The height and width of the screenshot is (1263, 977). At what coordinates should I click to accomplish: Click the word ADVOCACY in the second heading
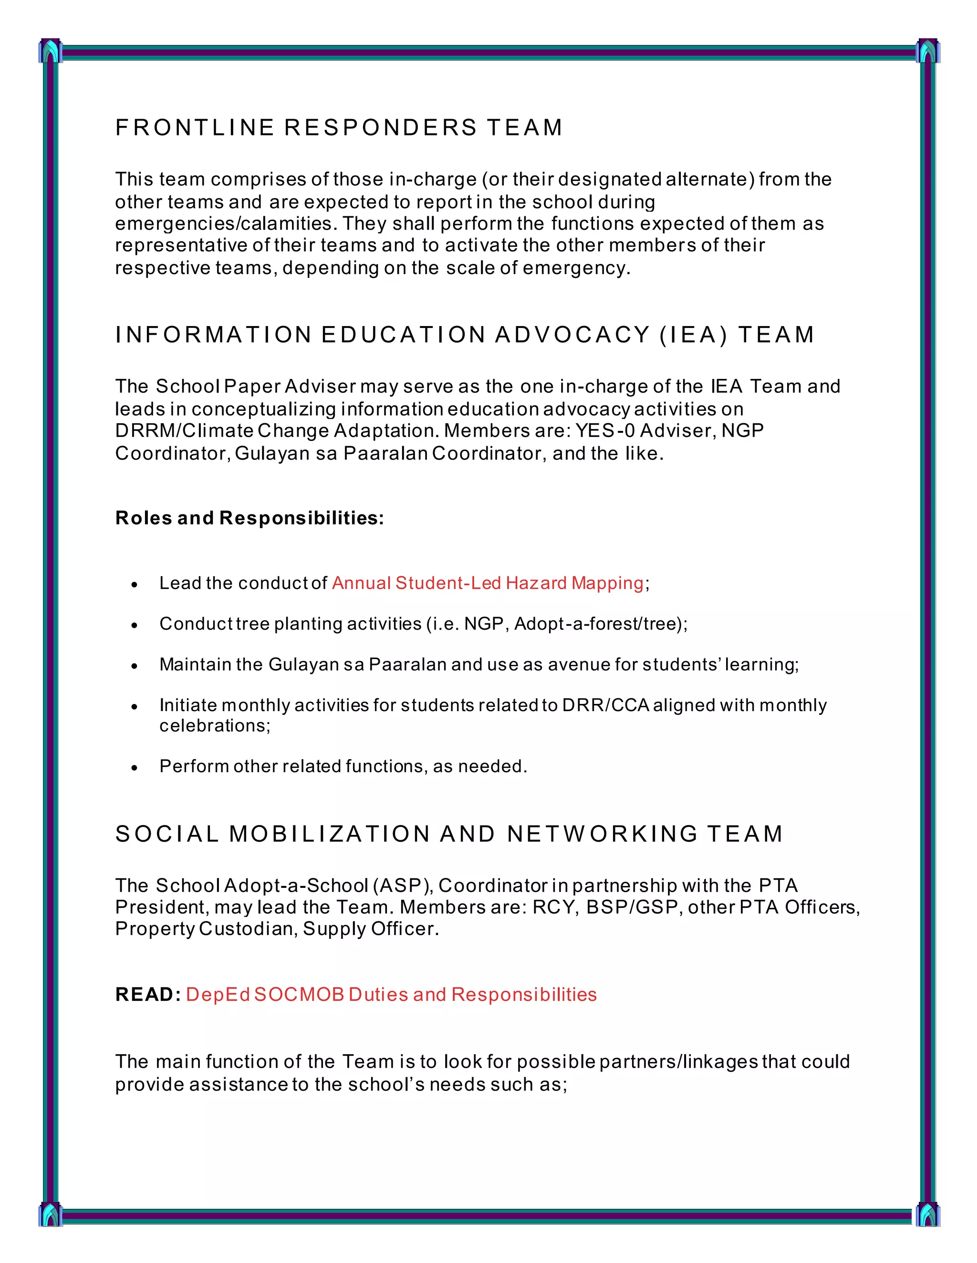573,335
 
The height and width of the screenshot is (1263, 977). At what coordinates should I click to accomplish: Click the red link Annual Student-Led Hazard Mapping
488,583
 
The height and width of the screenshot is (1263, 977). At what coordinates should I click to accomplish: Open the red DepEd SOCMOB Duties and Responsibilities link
391,994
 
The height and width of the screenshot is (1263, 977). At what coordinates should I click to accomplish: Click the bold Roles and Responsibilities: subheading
249,518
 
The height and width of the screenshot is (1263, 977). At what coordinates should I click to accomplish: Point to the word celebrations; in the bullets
215,725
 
